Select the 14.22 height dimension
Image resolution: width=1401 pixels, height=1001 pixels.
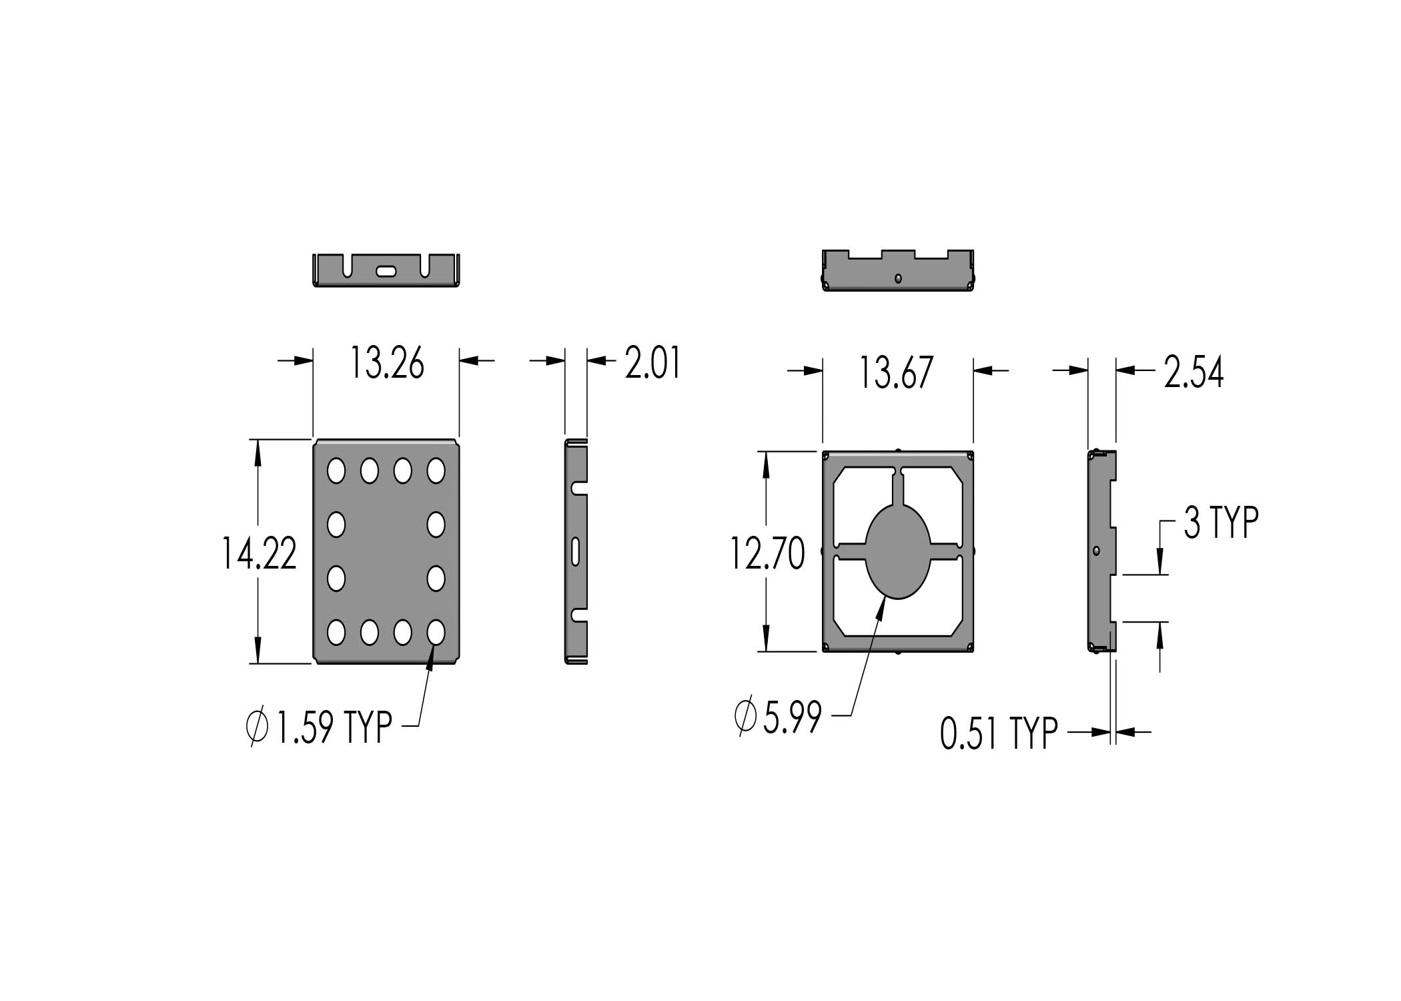click(x=259, y=553)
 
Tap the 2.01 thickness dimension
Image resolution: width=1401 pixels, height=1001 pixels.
click(x=652, y=364)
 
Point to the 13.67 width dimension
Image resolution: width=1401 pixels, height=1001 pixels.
click(x=895, y=372)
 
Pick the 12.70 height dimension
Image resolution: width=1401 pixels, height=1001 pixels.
click(x=767, y=554)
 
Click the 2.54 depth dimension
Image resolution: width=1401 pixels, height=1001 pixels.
click(x=1194, y=372)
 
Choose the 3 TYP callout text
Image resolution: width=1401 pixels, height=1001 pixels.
click(x=1221, y=523)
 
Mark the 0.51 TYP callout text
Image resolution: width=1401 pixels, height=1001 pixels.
click(x=999, y=734)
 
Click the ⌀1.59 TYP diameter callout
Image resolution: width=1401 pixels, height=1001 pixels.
click(x=319, y=726)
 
